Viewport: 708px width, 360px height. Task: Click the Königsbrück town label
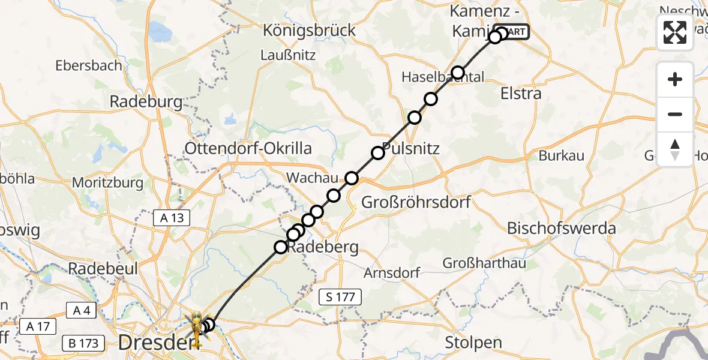tap(310, 30)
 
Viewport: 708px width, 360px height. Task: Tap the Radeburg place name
tap(146, 102)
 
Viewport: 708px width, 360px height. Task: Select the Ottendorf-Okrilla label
tap(248, 148)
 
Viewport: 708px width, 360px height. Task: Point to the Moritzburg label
tap(108, 182)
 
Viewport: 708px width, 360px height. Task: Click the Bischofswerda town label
tap(562, 228)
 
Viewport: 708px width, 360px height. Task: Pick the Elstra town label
tap(521, 94)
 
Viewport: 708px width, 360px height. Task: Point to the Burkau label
tap(561, 156)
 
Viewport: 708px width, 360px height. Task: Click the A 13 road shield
tap(172, 218)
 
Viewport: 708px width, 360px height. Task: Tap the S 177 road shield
tap(340, 296)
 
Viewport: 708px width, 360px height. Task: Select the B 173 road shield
tap(83, 344)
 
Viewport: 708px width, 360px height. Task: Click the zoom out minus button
tap(675, 114)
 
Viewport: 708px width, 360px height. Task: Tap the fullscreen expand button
tap(675, 32)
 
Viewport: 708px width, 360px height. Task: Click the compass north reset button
tap(675, 149)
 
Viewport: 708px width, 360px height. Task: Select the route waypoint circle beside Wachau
tap(352, 178)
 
